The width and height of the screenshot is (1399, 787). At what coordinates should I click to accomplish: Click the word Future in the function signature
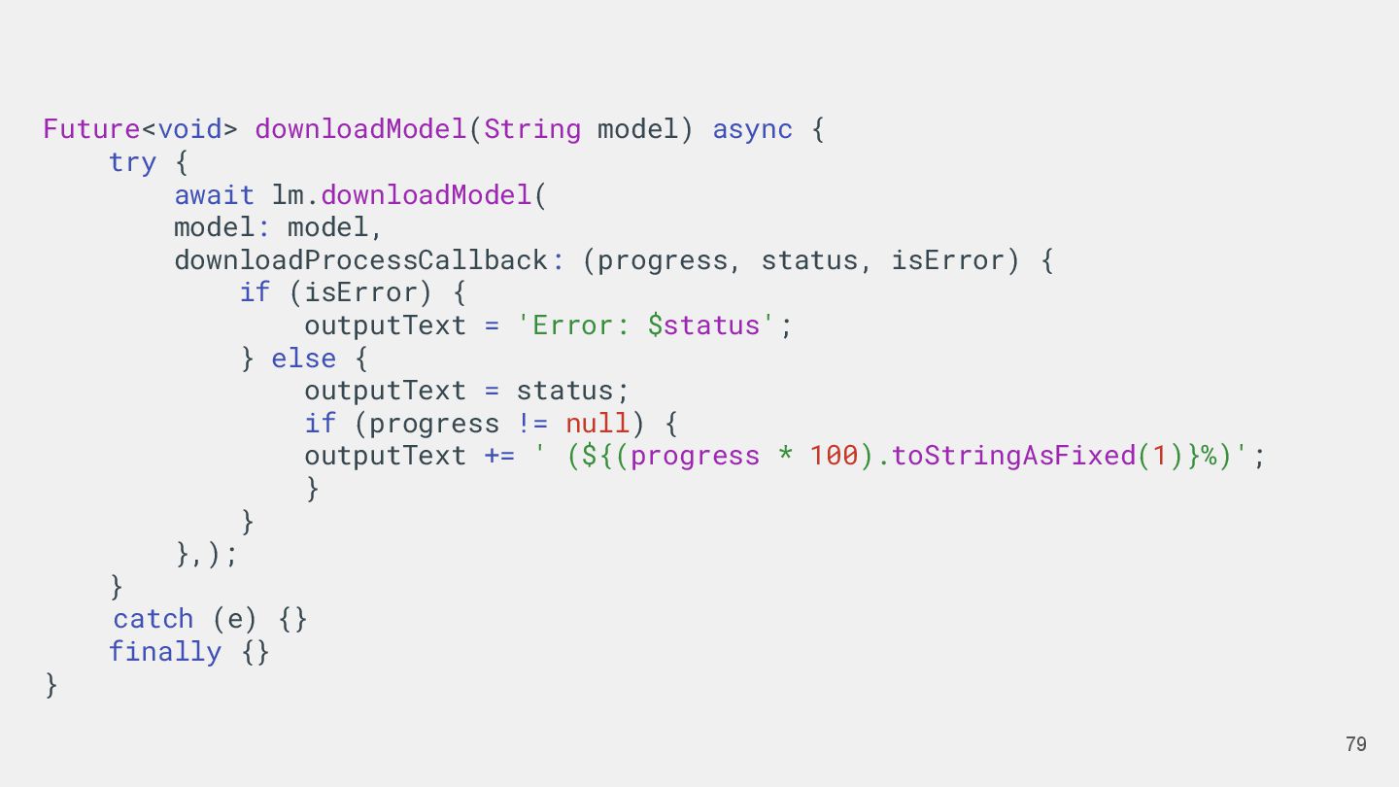pos(91,129)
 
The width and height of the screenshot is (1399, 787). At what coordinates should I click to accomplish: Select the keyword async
pos(752,129)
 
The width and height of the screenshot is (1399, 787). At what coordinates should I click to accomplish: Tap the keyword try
pos(132,162)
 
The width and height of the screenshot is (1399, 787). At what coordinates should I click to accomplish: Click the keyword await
pos(214,195)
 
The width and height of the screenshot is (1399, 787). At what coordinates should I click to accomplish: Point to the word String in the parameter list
pos(532,129)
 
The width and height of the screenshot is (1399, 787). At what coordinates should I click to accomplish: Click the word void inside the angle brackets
pos(189,129)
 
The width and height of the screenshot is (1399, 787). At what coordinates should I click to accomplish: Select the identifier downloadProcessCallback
pos(360,260)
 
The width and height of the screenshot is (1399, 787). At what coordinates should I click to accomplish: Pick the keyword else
pos(303,359)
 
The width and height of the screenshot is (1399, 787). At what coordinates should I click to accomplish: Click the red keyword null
pos(597,424)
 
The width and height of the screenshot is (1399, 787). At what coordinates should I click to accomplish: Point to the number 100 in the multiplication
pos(834,456)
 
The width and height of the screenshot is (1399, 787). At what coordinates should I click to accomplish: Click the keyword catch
pos(154,619)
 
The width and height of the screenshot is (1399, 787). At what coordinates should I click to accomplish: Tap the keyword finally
pos(164,652)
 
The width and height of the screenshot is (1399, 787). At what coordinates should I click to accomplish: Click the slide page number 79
pos(1355,744)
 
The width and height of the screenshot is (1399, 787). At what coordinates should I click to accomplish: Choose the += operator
pos(499,456)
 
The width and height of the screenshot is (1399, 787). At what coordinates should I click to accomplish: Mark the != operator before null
pos(532,424)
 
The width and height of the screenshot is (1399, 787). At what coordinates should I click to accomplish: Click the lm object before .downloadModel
pos(288,195)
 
